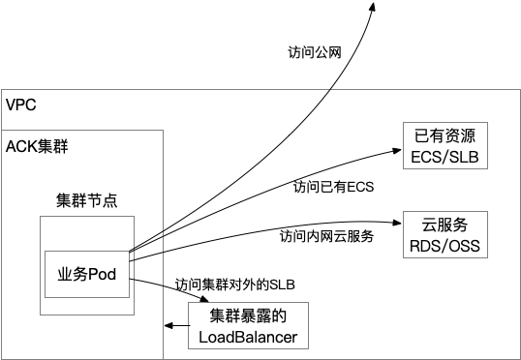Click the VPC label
21,105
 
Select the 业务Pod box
87,274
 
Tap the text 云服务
445,225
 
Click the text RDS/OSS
445,247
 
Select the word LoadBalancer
247,337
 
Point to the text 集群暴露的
247,315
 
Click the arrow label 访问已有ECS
333,186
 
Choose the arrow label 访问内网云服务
326,235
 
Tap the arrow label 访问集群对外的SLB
234,285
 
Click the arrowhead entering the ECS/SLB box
396,150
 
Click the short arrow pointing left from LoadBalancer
175,330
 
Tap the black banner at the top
260,44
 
